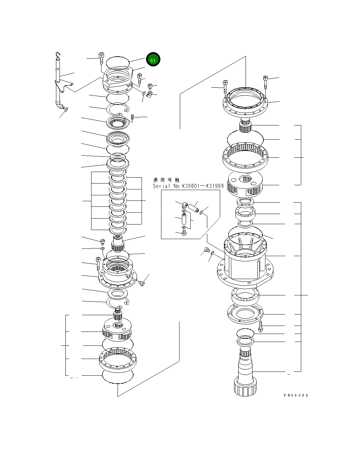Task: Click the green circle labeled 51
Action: point(153,60)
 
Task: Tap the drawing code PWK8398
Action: point(295,395)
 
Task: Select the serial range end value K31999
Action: point(215,186)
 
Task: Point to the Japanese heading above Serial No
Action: point(166,180)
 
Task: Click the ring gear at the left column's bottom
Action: point(118,359)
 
